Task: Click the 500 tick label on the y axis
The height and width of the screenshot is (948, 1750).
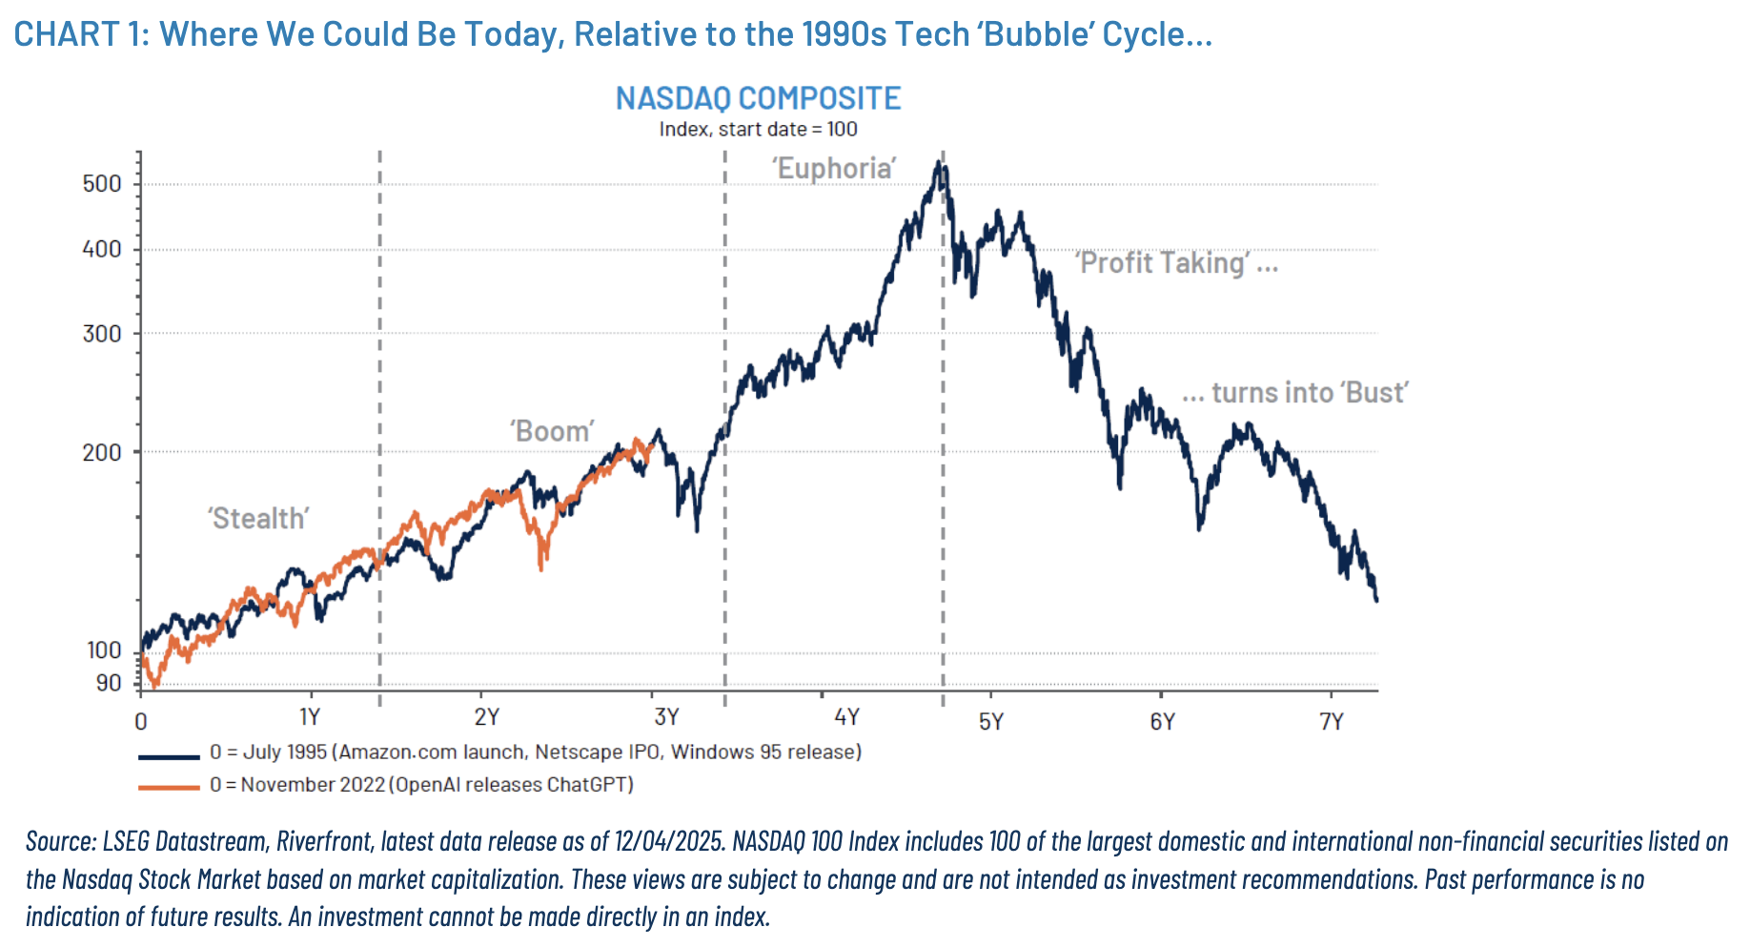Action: pyautogui.click(x=102, y=183)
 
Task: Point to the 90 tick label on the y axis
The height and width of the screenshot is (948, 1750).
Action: pyautogui.click(x=109, y=683)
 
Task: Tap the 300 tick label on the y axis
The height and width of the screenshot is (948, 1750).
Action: pyautogui.click(x=102, y=334)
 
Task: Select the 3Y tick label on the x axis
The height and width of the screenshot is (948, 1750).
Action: pyautogui.click(x=666, y=717)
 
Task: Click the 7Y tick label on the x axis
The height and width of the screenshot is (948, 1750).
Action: pyautogui.click(x=1332, y=721)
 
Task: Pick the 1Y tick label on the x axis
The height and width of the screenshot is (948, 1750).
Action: pyautogui.click(x=309, y=717)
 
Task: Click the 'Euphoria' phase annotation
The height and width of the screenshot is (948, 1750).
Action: pyautogui.click(x=834, y=169)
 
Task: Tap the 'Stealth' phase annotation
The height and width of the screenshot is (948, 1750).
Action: pyautogui.click(x=258, y=519)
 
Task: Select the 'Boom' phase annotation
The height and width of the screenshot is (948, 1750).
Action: pyautogui.click(x=552, y=431)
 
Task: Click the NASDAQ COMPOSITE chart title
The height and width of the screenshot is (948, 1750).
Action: pyautogui.click(x=758, y=98)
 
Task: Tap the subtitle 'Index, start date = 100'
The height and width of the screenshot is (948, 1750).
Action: pyautogui.click(x=758, y=129)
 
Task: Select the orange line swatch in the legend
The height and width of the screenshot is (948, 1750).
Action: pyautogui.click(x=169, y=787)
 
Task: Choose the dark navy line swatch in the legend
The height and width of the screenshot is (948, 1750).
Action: pyautogui.click(x=169, y=756)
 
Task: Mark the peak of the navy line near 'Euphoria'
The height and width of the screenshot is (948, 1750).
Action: pyautogui.click(x=939, y=163)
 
